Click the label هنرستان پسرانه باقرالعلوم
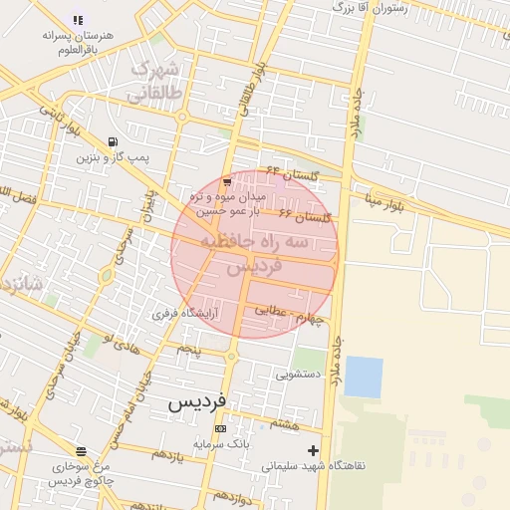[x=79, y=41]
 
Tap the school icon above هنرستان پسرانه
[x=78, y=20]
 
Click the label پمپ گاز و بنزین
[x=113, y=157]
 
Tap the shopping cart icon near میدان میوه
[x=227, y=181]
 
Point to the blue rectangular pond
[x=364, y=378]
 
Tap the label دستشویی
[x=297, y=376]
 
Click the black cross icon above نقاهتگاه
[x=314, y=450]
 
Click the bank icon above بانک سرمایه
[x=220, y=429]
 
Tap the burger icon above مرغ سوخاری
[x=81, y=450]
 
